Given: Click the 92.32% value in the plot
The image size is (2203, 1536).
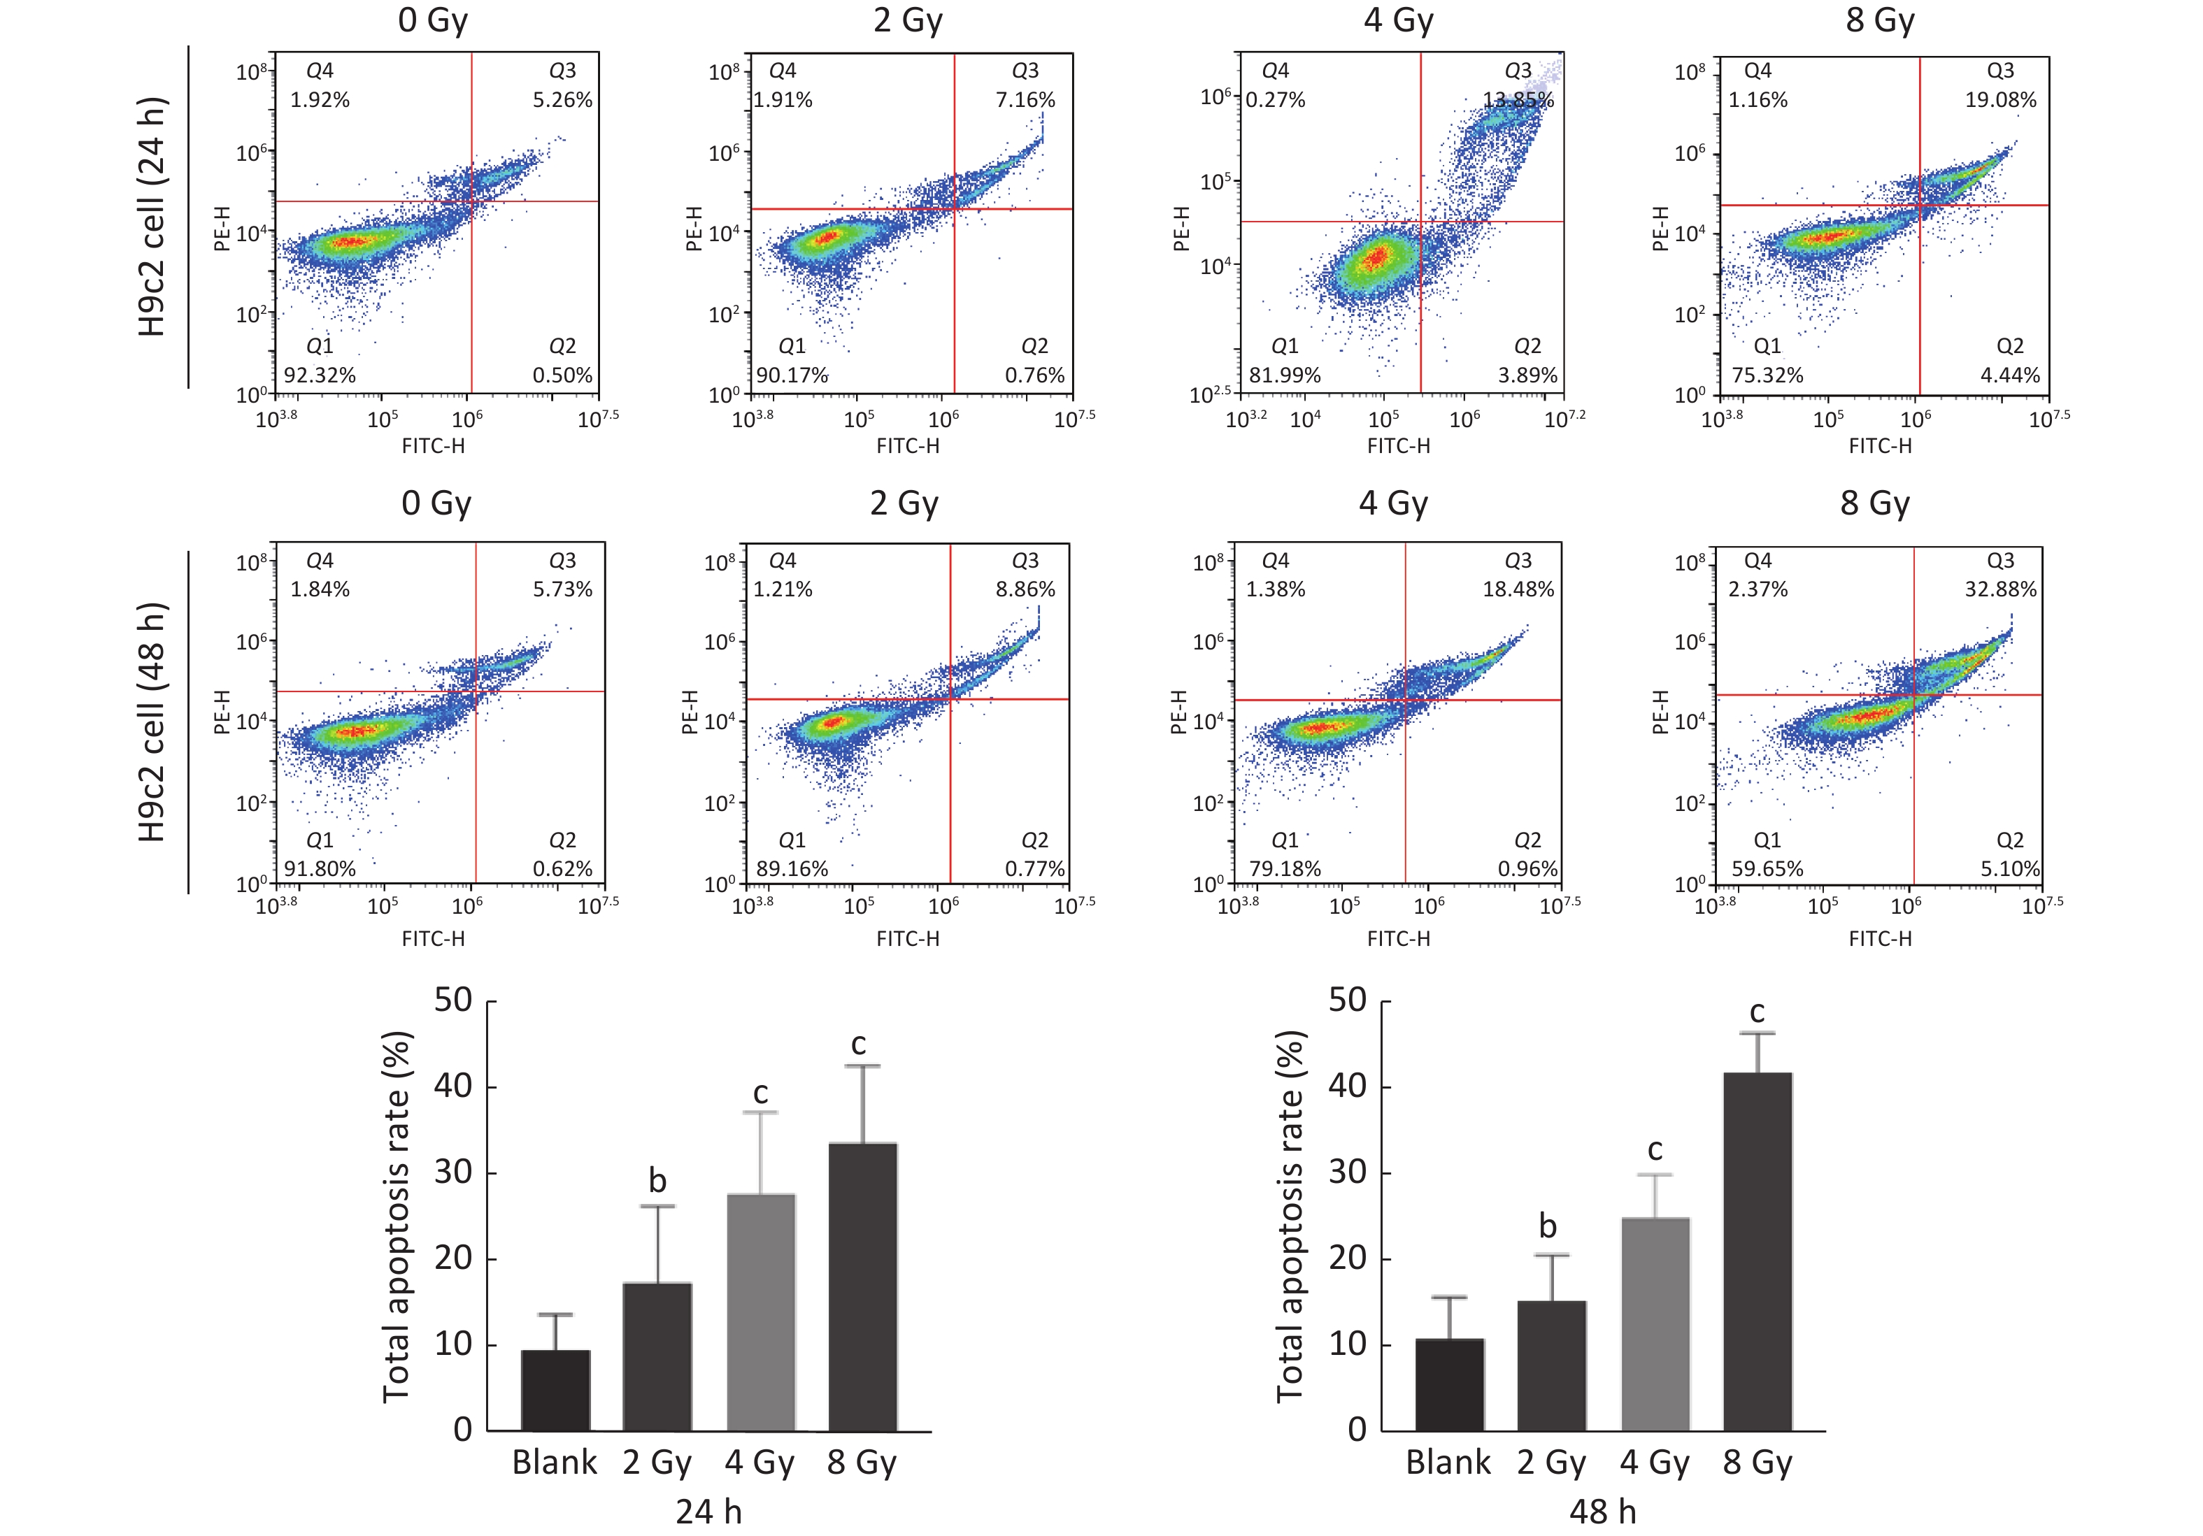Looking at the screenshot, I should (x=320, y=375).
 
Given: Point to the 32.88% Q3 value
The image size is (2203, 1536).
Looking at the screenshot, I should (x=1999, y=589).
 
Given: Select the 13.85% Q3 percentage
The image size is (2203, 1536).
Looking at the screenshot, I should (x=1518, y=100).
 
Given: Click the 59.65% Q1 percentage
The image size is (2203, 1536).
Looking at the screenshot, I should (x=1767, y=869).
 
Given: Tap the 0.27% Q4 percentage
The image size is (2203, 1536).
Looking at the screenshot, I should (x=1275, y=100).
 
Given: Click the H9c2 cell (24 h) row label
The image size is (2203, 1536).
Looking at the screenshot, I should (x=152, y=217).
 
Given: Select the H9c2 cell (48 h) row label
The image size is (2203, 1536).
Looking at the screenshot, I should (x=152, y=722).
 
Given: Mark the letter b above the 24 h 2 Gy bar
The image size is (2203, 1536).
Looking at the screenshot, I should (x=657, y=1180).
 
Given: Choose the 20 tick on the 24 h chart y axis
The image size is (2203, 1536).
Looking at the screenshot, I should (x=453, y=1258).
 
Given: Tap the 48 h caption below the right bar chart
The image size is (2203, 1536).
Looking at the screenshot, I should (x=1602, y=1511).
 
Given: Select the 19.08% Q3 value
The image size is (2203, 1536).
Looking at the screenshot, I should (x=1999, y=100).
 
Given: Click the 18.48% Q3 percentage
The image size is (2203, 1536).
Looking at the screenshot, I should (x=1518, y=589).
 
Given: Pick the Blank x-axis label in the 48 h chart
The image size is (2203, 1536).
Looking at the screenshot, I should (x=1448, y=1462).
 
